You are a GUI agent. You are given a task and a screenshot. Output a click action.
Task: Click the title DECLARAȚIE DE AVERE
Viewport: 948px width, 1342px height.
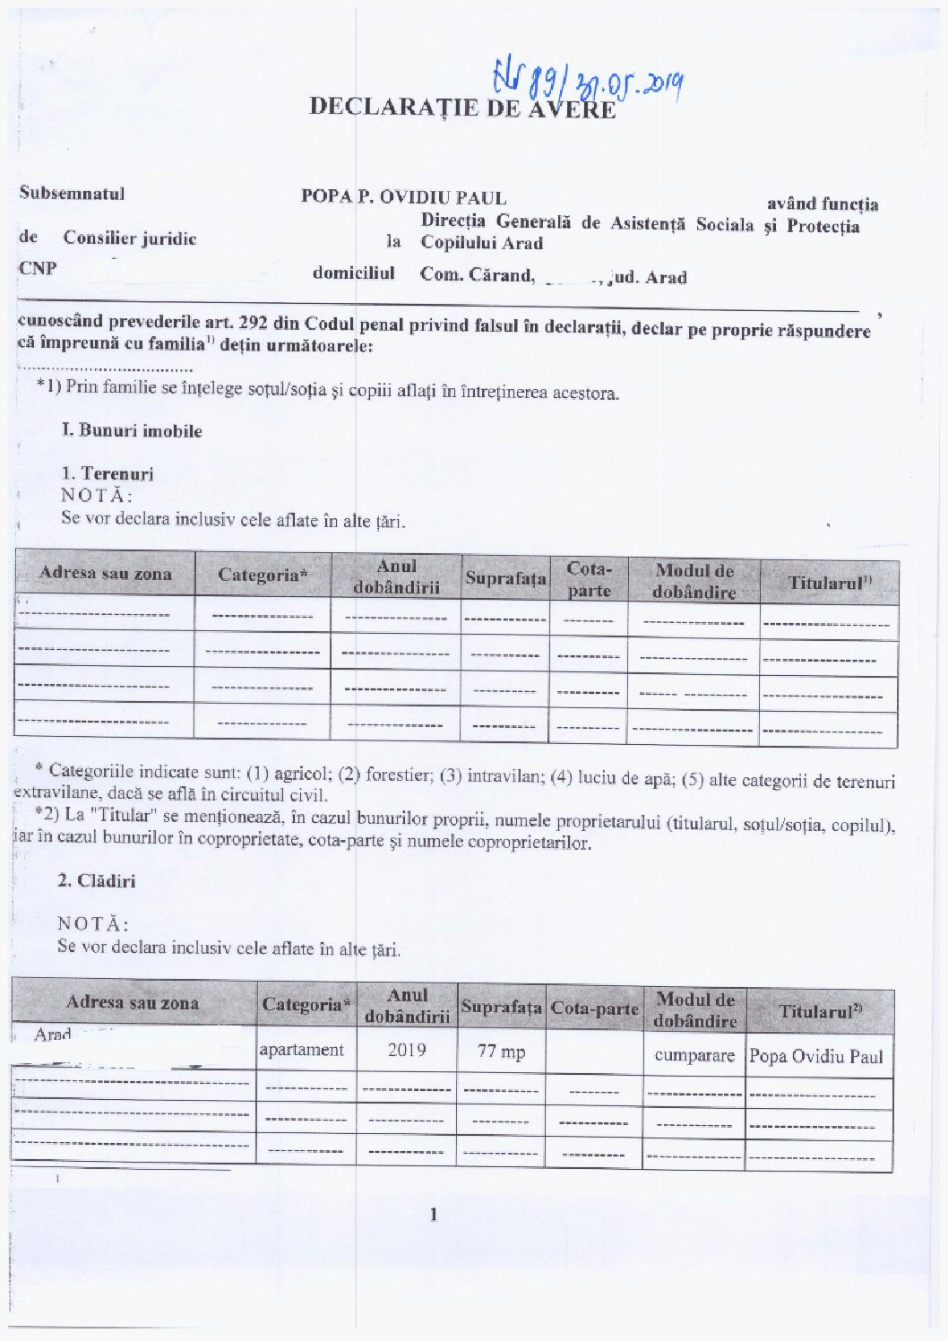pos(462,108)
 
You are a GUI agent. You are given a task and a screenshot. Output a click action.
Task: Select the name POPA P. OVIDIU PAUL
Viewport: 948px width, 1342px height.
pos(403,197)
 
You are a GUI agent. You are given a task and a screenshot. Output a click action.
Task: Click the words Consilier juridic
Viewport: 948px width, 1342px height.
pos(129,238)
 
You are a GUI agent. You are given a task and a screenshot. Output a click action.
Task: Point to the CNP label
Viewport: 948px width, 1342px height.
pos(38,268)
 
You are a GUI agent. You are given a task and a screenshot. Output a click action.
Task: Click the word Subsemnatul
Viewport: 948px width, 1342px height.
pos(72,194)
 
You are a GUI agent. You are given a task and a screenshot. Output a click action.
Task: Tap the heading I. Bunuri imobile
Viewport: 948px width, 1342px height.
pos(132,431)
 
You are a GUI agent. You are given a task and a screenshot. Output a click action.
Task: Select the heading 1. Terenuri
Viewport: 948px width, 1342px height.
pos(108,473)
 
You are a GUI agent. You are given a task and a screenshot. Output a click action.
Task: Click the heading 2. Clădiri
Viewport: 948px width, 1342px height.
pos(97,881)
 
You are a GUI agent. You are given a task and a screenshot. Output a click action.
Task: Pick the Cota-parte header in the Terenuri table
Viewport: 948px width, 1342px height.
pos(589,579)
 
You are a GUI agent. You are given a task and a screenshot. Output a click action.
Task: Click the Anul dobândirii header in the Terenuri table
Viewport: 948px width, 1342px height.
pos(396,576)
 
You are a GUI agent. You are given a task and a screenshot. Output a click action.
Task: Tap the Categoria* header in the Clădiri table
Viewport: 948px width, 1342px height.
pos(306,1005)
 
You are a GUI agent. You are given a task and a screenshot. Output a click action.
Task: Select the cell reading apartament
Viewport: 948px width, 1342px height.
pos(301,1050)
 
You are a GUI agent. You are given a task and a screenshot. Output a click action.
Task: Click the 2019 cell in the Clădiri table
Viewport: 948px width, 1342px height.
pos(406,1050)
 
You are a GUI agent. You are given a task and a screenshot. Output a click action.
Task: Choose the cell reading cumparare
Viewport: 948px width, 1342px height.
pos(694,1055)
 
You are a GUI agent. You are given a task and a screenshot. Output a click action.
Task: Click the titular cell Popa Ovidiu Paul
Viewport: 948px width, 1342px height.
pos(815,1056)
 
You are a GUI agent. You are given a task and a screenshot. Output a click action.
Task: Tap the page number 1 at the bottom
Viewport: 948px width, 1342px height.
pos(434,1215)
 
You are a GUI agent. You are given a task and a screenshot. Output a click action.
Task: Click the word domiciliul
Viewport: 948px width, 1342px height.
pos(353,273)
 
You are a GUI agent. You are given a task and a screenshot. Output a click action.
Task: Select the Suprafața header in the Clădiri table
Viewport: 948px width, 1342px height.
pos(501,1008)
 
